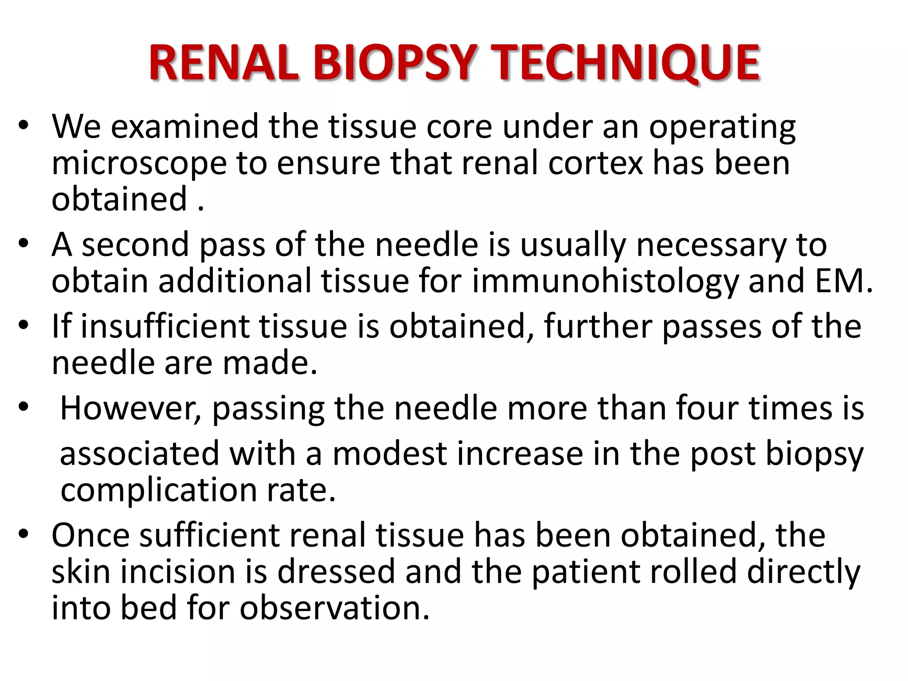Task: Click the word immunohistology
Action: pyautogui.click(x=605, y=282)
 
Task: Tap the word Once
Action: pyautogui.click(x=90, y=535)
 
